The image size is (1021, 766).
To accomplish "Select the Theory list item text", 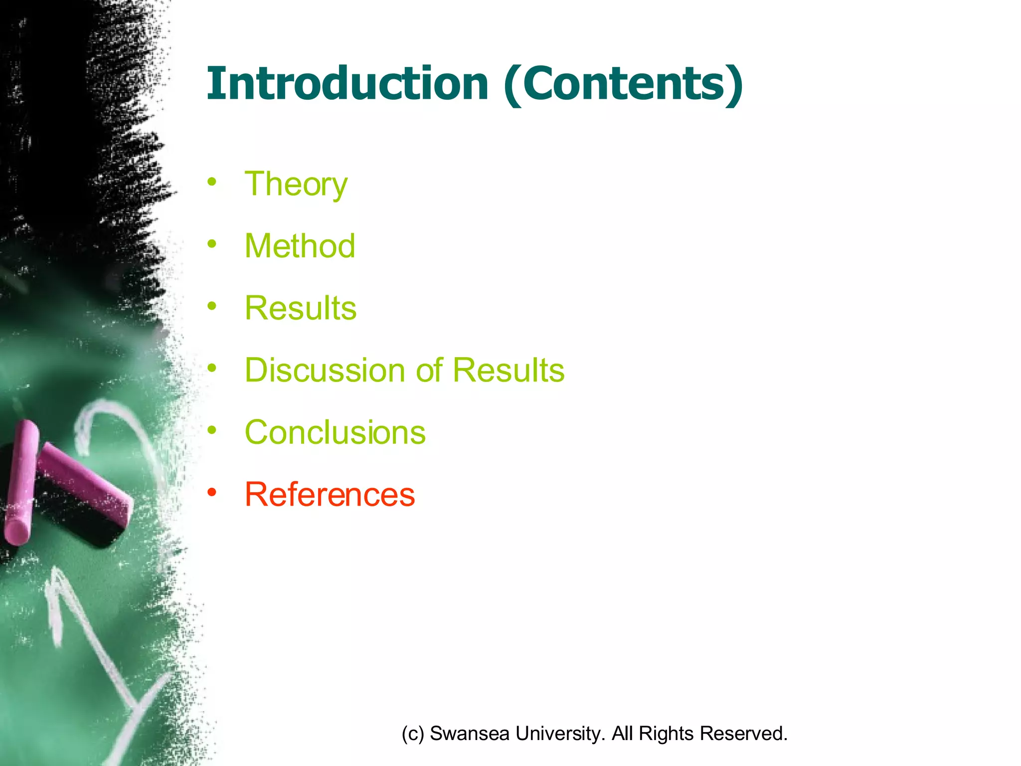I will click(296, 185).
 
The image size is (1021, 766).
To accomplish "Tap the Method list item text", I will click(300, 246).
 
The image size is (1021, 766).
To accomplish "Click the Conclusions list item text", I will click(335, 432).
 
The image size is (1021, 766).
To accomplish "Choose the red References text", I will click(330, 495).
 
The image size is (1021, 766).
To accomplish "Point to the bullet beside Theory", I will click(212, 182).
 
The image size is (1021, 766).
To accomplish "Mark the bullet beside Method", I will click(212, 244).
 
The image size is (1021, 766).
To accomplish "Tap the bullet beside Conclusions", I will click(212, 430).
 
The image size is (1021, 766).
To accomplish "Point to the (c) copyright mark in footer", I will click(413, 734).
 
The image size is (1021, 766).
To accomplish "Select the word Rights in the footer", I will click(666, 734).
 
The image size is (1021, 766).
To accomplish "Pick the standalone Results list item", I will click(301, 308).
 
